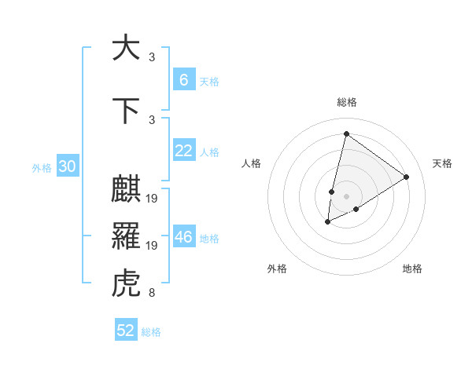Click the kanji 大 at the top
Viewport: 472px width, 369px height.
tap(126, 48)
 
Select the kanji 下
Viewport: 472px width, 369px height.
tap(126, 110)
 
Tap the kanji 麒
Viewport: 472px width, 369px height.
tap(126, 189)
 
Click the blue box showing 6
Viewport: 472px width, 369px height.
tap(183, 79)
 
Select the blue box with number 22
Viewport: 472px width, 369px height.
tap(183, 151)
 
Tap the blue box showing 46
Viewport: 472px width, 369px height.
tap(183, 237)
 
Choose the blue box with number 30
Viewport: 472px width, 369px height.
tap(67, 166)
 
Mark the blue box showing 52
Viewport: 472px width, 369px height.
tap(126, 331)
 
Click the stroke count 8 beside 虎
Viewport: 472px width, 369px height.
tap(151, 294)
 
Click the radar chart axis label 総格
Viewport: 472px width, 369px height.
tap(346, 102)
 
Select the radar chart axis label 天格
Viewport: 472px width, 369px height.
tap(442, 163)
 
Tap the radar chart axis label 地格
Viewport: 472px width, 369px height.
tap(412, 269)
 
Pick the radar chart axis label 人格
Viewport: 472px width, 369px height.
tap(251, 163)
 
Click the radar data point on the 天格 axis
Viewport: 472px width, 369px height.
tap(406, 177)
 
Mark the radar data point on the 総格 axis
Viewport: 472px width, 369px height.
tap(346, 133)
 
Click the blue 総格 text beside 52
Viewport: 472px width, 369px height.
tap(151, 332)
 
